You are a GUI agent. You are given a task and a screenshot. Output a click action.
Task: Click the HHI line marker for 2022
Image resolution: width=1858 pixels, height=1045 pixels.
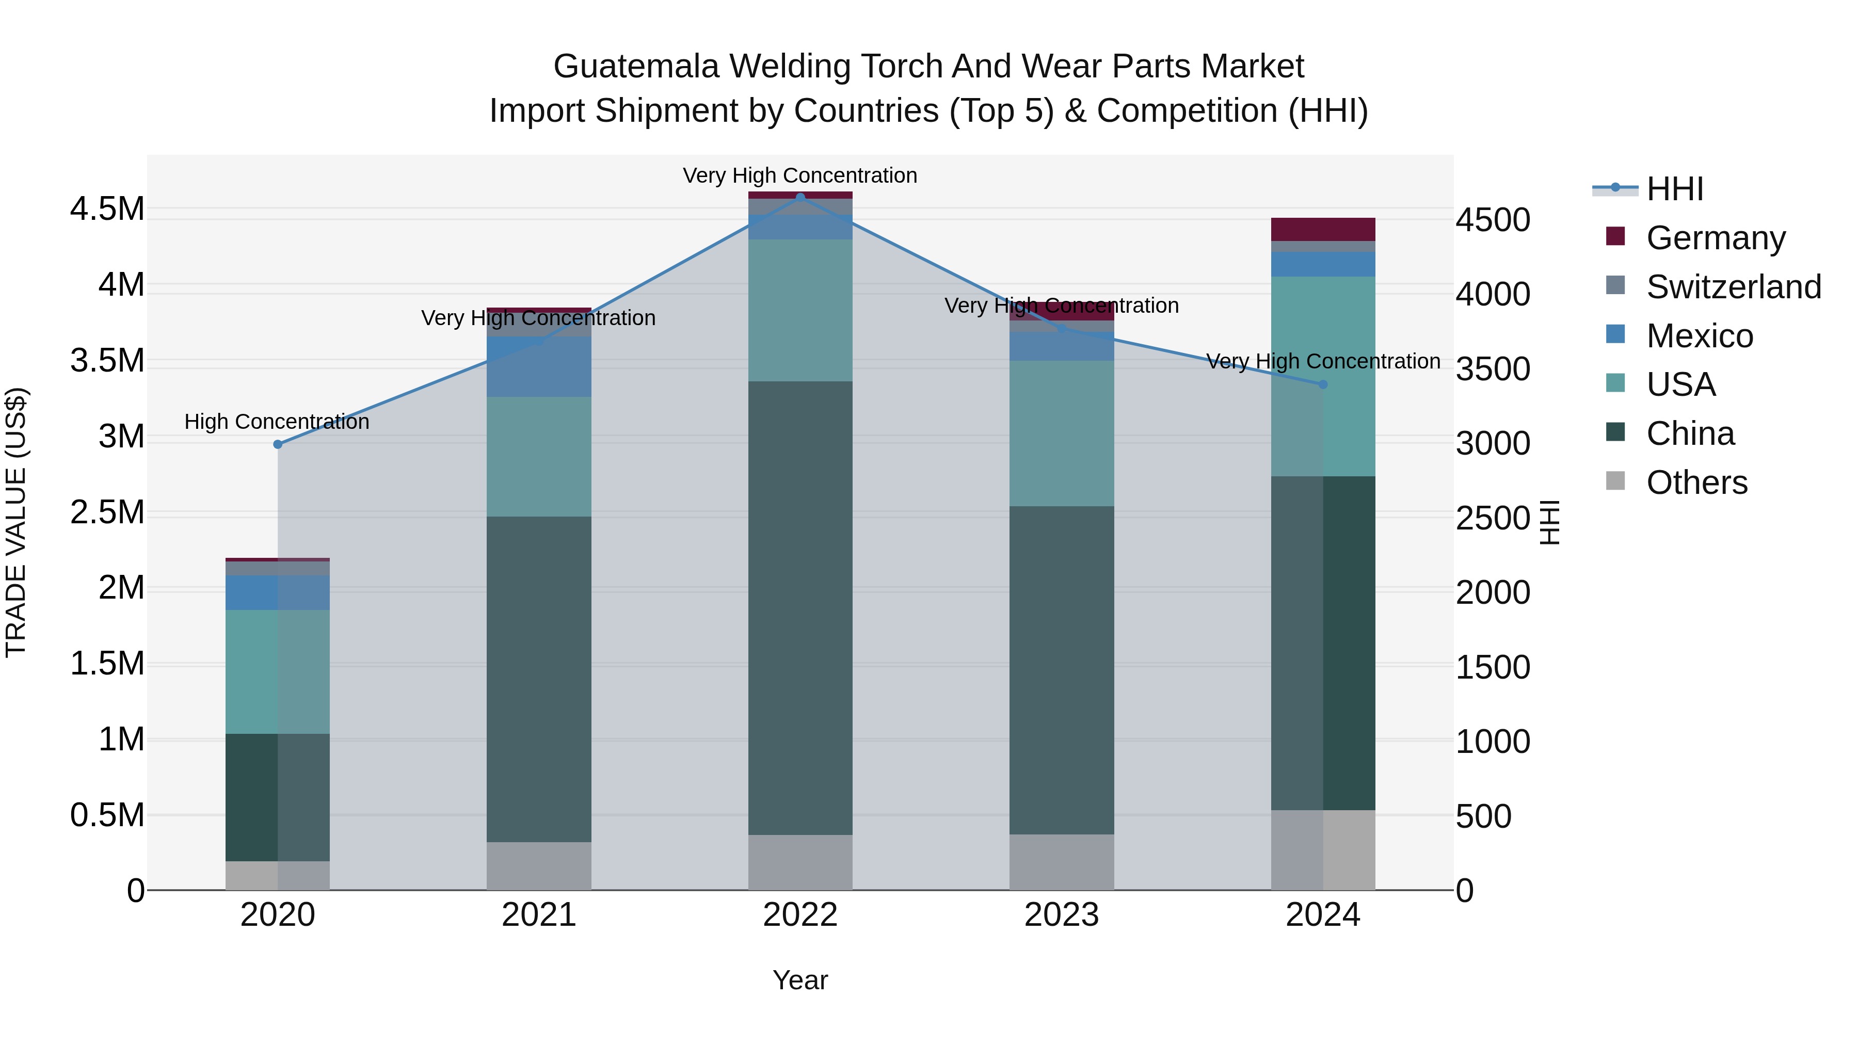tap(800, 197)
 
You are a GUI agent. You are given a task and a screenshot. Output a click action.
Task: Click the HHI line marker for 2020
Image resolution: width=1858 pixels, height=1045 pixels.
tap(278, 444)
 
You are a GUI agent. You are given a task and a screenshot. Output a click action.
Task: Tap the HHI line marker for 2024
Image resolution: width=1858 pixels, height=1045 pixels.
tap(1323, 384)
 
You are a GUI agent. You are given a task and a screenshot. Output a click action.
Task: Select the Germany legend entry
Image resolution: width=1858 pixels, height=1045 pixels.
tap(1715, 238)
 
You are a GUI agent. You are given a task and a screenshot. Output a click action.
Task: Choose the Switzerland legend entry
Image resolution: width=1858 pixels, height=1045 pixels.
tap(1733, 287)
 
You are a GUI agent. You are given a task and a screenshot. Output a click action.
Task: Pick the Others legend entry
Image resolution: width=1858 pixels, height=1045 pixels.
tap(1696, 483)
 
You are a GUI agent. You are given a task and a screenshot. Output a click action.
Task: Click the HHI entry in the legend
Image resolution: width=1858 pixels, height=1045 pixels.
tap(1674, 189)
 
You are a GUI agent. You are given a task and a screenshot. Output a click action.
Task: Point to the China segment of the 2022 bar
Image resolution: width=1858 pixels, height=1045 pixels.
tap(800, 607)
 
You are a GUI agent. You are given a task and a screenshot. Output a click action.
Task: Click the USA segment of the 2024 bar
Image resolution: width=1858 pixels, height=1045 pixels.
tap(1323, 376)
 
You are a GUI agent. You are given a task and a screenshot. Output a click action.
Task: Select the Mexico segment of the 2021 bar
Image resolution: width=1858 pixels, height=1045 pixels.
tap(539, 366)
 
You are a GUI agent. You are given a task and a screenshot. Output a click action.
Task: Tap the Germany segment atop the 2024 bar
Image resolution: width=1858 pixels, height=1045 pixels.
tap(1323, 229)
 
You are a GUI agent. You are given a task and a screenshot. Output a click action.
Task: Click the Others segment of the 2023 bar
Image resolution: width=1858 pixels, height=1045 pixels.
tap(1061, 862)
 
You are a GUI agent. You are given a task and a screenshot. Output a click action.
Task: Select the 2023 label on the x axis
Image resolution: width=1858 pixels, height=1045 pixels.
tap(1061, 915)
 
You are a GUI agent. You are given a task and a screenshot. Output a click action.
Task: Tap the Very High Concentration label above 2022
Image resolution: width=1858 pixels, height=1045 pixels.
tap(800, 175)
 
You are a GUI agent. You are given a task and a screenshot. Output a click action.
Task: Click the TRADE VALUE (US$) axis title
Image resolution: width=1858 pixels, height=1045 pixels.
tap(16, 522)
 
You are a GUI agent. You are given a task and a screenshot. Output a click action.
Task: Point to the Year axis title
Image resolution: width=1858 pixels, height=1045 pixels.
tap(800, 980)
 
